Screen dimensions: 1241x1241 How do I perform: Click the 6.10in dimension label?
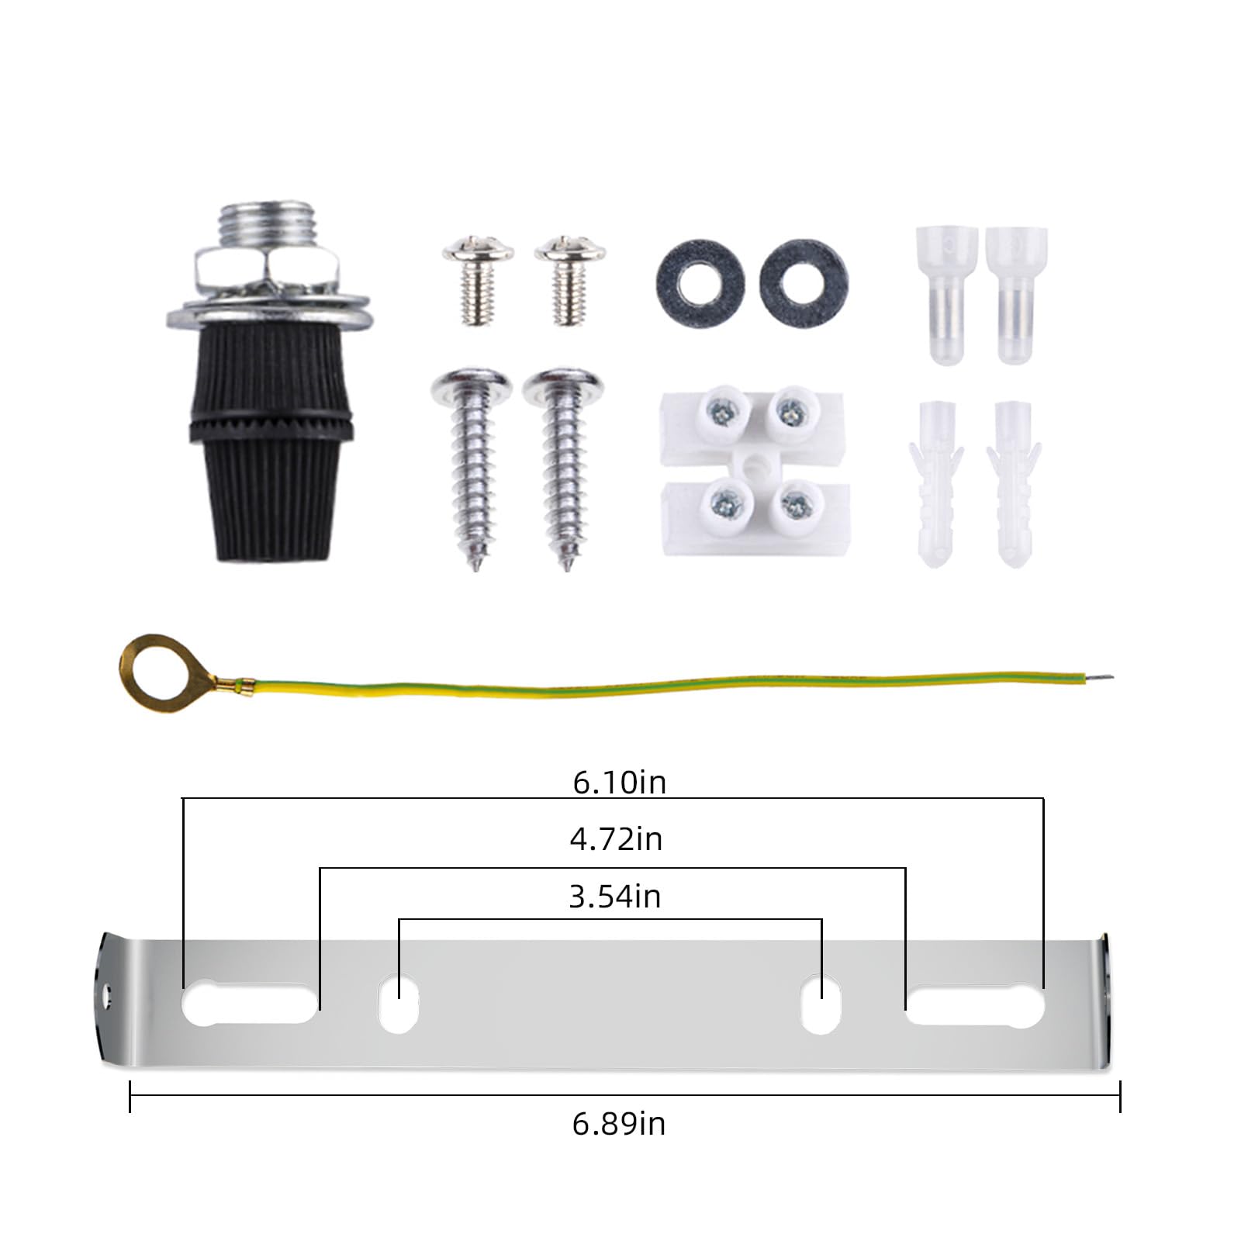620,782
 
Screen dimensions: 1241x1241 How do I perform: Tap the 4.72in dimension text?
616,839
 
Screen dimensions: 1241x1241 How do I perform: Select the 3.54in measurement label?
615,897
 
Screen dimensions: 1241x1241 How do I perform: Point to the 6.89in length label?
619,1124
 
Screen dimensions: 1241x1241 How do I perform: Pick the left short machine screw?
479,279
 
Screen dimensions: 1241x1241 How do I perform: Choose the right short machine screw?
570,278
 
